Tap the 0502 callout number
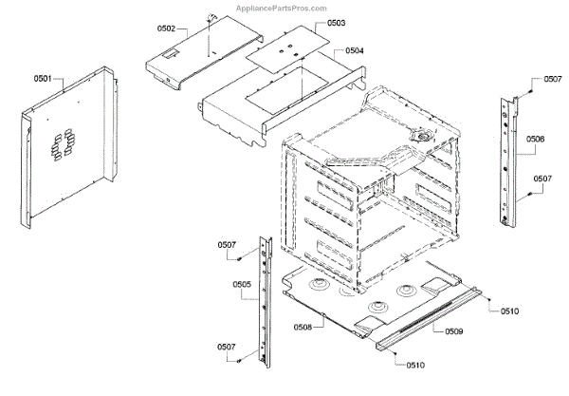166,29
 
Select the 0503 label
336,22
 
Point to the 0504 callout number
355,49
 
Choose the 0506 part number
536,140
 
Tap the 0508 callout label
303,328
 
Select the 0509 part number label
454,331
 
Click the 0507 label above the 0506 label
552,81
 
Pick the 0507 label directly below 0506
542,179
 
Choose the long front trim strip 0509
431,318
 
